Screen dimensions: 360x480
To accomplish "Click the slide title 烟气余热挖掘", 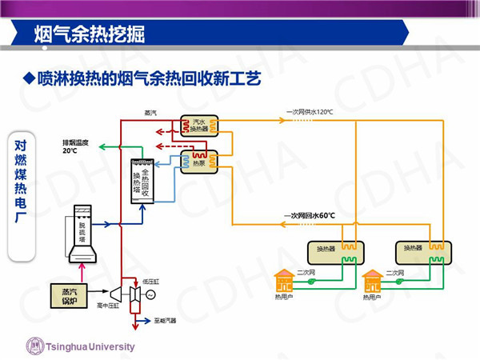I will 89,34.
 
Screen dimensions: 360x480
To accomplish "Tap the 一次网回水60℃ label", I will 309,216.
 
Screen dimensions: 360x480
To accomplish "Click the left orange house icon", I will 283,281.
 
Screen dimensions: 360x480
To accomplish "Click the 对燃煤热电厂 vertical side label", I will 22,192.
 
